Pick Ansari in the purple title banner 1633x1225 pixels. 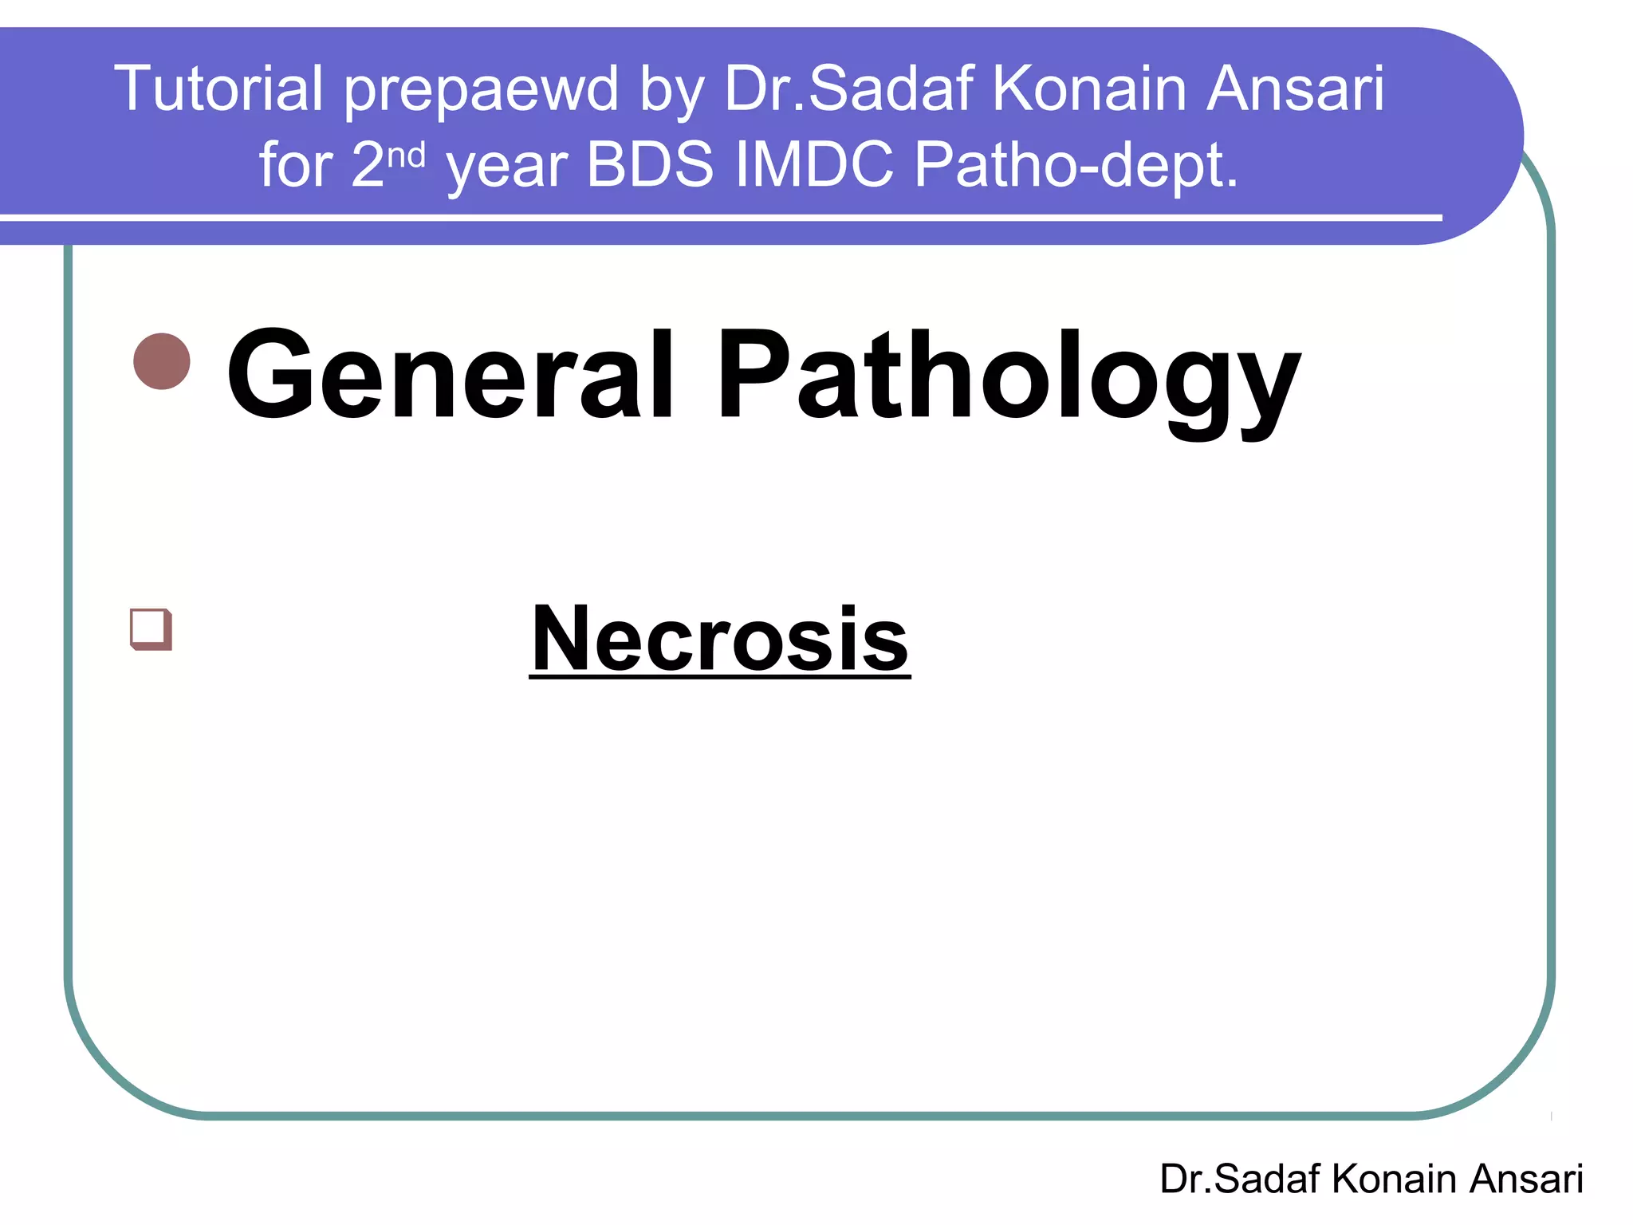click(1295, 89)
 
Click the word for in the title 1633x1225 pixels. click(295, 164)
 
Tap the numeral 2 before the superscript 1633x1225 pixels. click(368, 164)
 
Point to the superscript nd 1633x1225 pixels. click(406, 154)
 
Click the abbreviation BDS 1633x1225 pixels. click(650, 164)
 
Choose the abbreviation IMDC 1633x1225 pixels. click(814, 164)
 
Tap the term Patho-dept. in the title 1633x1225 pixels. click(1076, 166)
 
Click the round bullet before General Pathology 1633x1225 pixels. click(162, 361)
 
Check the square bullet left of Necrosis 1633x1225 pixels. click(151, 628)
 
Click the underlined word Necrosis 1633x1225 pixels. click(719, 639)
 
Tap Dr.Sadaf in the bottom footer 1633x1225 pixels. click(1240, 1179)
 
